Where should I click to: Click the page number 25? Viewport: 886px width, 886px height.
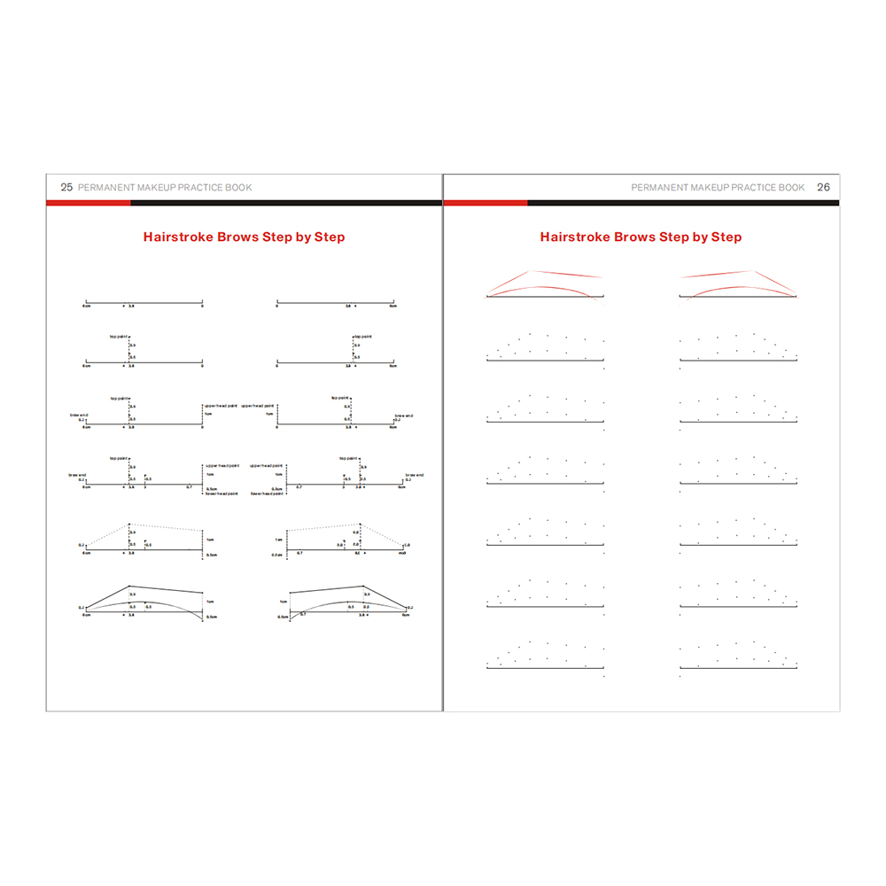click(x=66, y=188)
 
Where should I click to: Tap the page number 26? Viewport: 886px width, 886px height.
click(x=823, y=188)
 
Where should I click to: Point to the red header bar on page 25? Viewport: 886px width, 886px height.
click(x=89, y=203)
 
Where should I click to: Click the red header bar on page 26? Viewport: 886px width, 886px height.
click(x=486, y=203)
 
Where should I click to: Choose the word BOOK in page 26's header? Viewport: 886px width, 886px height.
click(x=790, y=188)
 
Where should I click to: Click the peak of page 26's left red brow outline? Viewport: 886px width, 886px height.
click(x=529, y=271)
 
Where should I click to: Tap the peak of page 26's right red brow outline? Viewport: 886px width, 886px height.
click(x=753, y=271)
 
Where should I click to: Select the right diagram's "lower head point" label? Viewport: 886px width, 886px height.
click(x=267, y=494)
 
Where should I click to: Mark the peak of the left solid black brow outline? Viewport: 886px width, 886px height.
click(x=130, y=587)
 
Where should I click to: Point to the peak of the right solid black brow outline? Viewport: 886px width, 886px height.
click(x=363, y=587)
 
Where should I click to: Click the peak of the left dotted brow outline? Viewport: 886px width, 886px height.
click(x=130, y=524)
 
